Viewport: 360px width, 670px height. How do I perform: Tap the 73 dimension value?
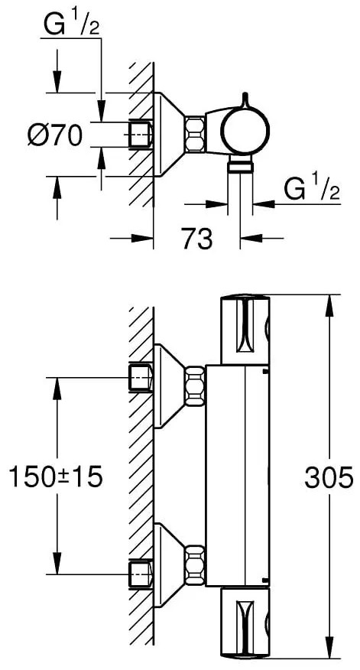tap(197, 238)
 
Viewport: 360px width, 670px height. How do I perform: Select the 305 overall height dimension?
tap(329, 476)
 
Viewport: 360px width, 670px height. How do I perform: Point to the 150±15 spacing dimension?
tap(56, 476)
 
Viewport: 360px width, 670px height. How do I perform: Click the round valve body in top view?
tap(245, 127)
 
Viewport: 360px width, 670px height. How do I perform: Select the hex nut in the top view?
tap(195, 134)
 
